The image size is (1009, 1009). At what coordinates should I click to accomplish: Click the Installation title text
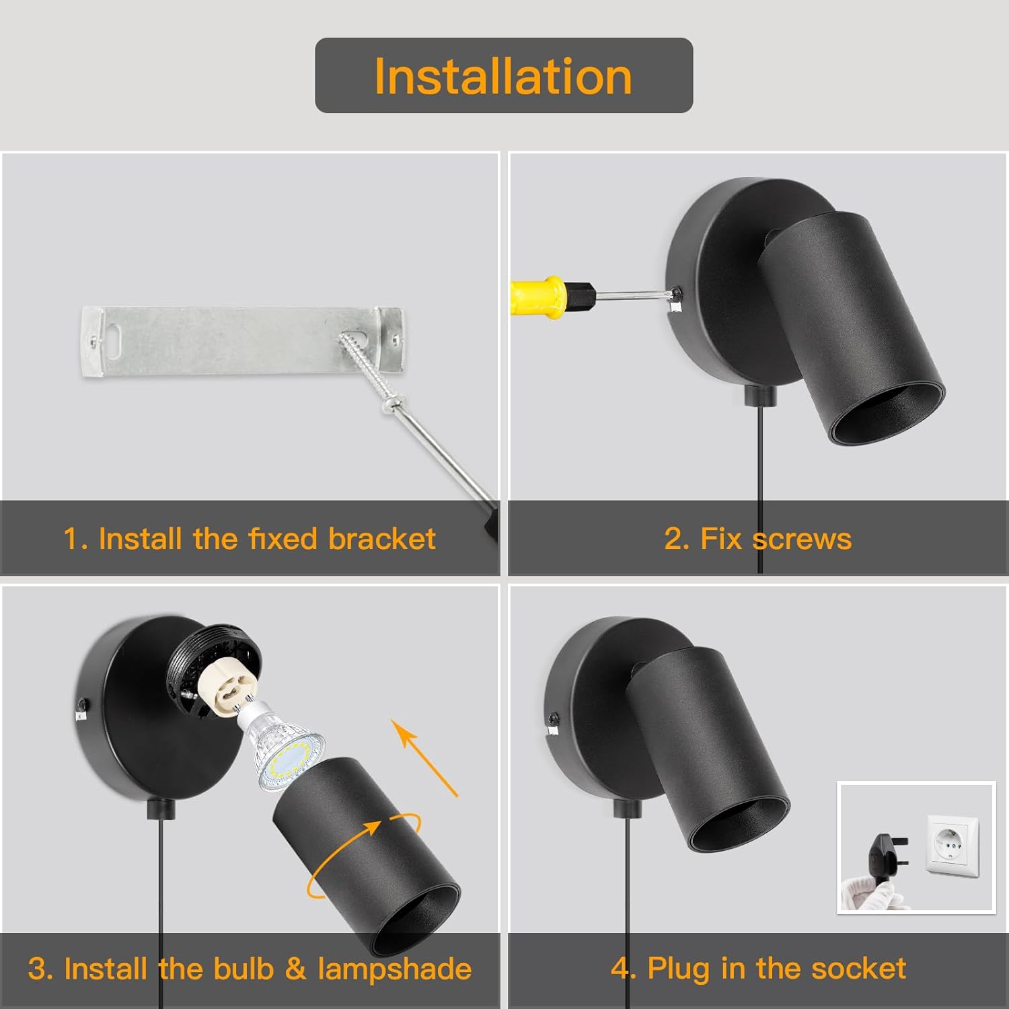pos(503,75)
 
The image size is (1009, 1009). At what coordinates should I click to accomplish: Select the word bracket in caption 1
pos(381,539)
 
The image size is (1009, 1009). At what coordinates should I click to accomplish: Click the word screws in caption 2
pos(802,539)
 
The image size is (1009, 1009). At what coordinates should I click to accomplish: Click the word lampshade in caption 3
pos(394,969)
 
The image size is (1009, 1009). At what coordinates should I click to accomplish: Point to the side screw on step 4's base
pos(554,718)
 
